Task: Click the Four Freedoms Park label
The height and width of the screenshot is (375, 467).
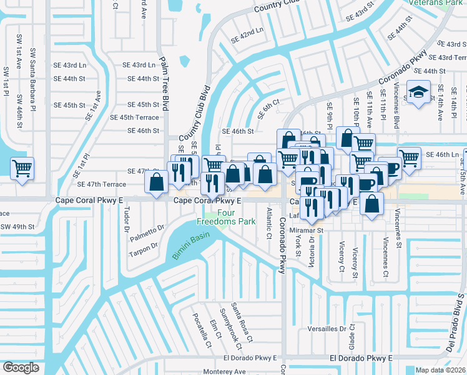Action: [227, 217]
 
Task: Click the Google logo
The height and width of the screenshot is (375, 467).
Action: [21, 367]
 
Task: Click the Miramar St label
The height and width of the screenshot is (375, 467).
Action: [305, 230]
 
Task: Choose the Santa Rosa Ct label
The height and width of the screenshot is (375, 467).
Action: [241, 322]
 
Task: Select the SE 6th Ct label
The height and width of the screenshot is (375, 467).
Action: [268, 109]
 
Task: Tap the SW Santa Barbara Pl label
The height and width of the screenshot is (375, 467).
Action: [33, 85]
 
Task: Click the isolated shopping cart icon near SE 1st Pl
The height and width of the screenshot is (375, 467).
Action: [22, 169]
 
